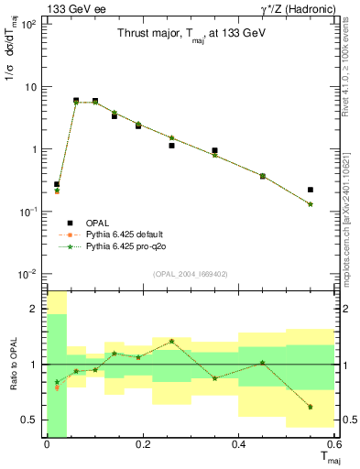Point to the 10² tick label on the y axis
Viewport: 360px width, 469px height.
point(28,24)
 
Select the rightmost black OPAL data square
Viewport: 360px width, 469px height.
point(311,190)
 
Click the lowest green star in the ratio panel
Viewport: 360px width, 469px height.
point(311,407)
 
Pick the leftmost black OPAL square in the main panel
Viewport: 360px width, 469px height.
point(57,184)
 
